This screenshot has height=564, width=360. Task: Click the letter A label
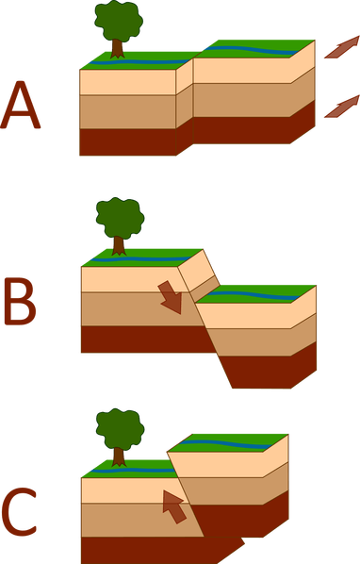20,105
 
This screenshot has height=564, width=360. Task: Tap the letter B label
20,301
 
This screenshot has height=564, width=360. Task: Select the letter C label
20,511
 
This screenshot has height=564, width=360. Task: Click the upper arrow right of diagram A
342,47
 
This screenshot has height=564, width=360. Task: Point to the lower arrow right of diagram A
342,107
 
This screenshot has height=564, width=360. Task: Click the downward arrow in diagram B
172,297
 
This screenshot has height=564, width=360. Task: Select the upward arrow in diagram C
173,506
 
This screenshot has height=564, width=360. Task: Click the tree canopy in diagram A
119,20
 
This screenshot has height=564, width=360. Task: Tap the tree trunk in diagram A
117,48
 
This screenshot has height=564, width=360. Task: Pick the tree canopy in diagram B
120,218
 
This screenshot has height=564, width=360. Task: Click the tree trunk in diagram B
119,246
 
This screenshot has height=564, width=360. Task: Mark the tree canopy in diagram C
120,429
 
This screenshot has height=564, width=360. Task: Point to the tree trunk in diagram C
119,457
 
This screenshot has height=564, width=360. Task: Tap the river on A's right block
253,50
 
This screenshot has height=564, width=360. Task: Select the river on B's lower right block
254,295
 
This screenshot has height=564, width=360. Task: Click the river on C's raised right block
226,444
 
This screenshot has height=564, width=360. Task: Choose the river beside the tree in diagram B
140,259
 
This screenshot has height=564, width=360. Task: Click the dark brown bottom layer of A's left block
128,142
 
